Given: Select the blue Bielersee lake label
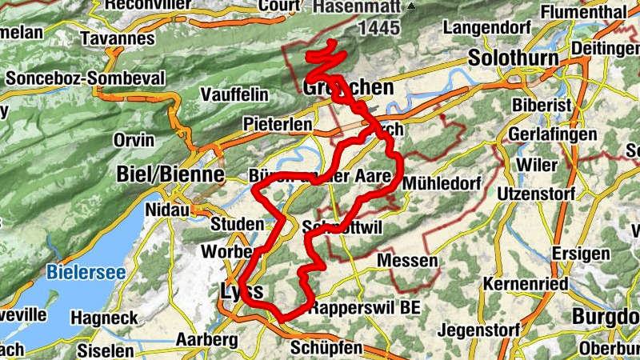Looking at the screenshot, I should tap(86, 272).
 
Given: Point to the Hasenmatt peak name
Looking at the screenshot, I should tap(357, 6).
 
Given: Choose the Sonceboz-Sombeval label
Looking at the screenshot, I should tap(85, 78).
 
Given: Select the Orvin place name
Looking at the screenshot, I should tap(134, 140).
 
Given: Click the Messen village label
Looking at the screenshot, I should tap(407, 261).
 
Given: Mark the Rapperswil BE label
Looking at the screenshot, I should tap(365, 307).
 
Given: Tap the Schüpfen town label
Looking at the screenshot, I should tap(326, 349).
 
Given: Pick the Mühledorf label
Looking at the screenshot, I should tap(442, 183).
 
